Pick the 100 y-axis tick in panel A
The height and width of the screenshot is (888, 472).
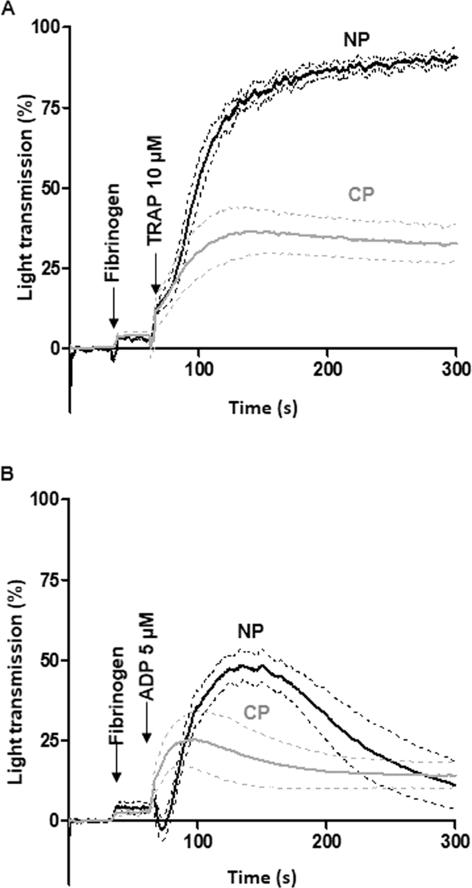click(x=45, y=27)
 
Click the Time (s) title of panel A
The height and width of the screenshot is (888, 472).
click(x=262, y=407)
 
